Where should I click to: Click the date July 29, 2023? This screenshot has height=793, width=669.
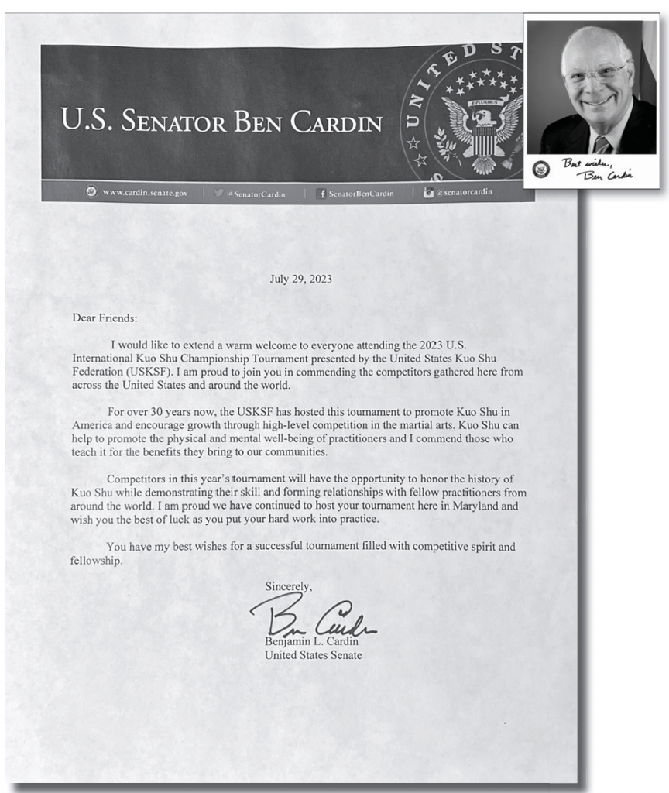click(301, 279)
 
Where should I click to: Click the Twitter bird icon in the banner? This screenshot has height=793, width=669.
click(219, 194)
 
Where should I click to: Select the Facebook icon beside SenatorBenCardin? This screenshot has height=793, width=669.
click(321, 194)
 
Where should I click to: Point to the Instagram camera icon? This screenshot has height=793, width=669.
click(428, 194)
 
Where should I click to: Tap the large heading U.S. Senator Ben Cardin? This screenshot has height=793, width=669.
click(221, 123)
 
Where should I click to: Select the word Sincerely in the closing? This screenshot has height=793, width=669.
click(288, 586)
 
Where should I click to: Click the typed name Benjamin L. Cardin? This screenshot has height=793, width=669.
click(311, 641)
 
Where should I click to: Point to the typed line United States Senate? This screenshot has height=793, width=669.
click(313, 655)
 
